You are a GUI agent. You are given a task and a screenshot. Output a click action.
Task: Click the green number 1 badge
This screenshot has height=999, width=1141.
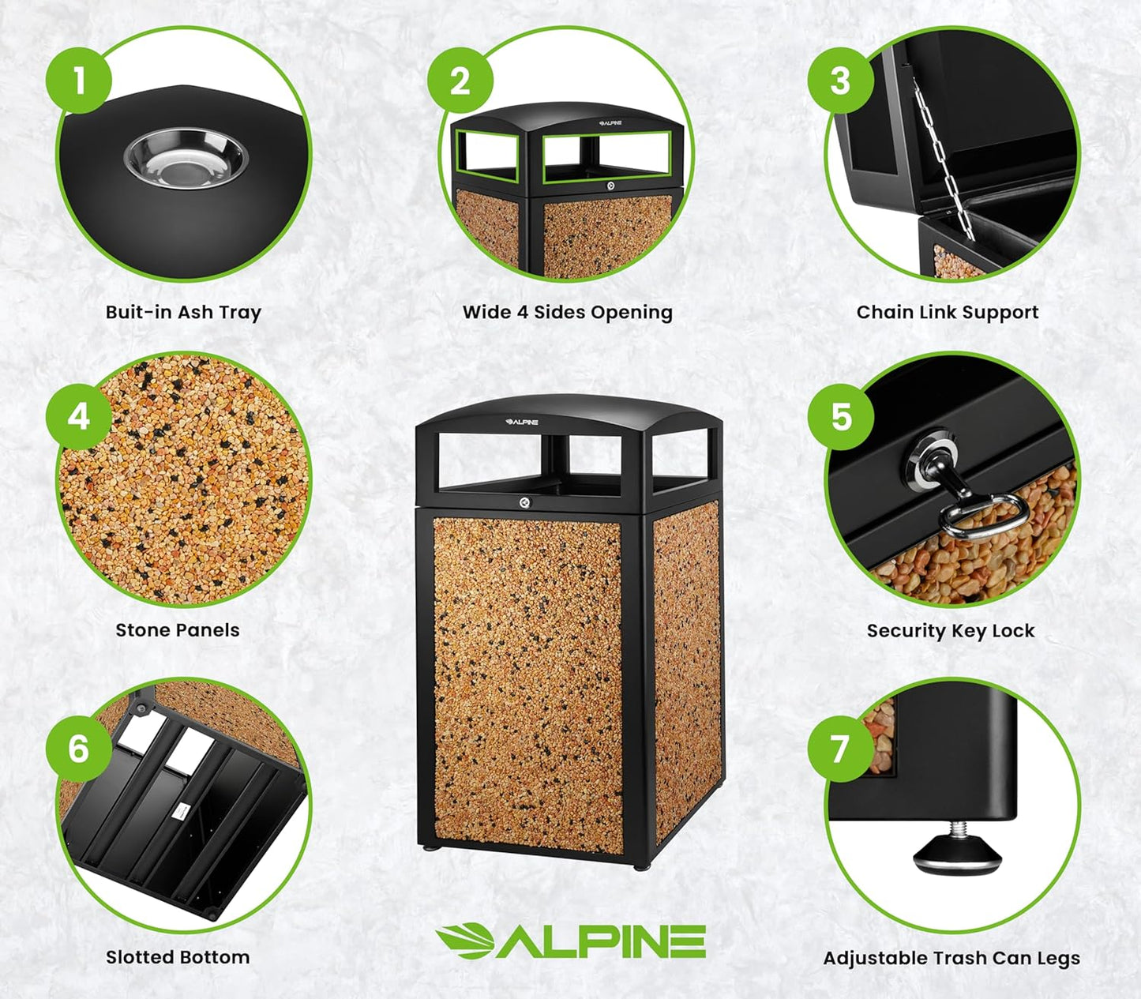(78, 80)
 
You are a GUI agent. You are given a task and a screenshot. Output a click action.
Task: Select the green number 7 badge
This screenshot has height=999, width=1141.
(840, 748)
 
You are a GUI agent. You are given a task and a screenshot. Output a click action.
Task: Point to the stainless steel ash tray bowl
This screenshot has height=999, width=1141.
(186, 160)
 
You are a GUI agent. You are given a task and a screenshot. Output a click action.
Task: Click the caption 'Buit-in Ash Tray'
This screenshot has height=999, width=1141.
(183, 313)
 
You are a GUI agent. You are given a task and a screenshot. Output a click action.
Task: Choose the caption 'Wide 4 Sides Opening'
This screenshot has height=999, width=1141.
(567, 313)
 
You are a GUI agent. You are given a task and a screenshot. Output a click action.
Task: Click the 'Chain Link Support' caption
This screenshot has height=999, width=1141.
(947, 313)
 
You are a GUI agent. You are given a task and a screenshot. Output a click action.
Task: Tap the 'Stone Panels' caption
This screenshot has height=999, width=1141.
(177, 630)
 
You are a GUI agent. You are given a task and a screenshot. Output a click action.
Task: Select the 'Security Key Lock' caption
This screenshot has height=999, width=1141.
(950, 631)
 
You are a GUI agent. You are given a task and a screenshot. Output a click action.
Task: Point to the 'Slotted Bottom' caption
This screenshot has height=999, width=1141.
(178, 957)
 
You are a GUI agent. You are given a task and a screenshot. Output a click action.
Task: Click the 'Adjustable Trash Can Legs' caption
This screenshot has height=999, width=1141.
(951, 958)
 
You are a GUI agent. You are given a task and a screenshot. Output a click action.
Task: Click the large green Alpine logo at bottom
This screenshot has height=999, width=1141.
(570, 941)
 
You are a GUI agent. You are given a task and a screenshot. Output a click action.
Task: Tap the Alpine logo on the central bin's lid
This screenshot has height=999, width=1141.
(522, 422)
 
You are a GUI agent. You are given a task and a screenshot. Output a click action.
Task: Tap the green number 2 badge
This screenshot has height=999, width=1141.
(460, 81)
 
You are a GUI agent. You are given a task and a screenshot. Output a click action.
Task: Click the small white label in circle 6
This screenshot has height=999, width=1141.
(181, 811)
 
